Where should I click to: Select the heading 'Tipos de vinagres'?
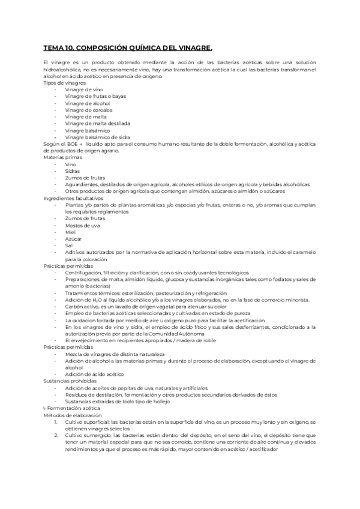point(64,83)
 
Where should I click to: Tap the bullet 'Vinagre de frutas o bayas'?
point(96,96)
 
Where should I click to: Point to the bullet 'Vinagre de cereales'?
point(89,110)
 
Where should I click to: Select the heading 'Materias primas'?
point(62,157)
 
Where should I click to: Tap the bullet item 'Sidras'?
point(73,170)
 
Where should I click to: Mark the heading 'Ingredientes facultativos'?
point(73,197)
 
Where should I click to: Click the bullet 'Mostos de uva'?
point(83,224)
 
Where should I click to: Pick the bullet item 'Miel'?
point(71,232)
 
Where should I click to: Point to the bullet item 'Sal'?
point(70,245)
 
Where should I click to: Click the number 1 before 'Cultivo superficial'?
point(56,421)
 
